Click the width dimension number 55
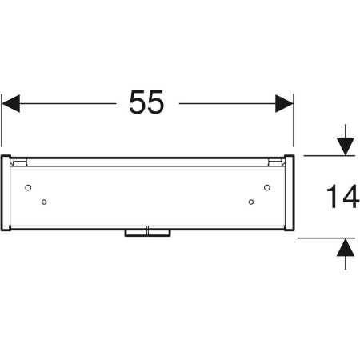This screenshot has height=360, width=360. (146, 102)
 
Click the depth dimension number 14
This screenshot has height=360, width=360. (342, 196)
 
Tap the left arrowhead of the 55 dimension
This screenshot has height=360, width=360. (10, 103)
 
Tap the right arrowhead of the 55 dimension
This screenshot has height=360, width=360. (284, 103)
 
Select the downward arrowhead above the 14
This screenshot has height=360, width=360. (346, 146)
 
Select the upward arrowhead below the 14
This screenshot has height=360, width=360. (346, 247)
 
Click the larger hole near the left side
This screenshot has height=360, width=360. (28, 187)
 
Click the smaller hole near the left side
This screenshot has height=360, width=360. (44, 202)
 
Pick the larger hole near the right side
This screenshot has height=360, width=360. (267, 187)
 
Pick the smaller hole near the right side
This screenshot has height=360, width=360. (251, 202)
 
